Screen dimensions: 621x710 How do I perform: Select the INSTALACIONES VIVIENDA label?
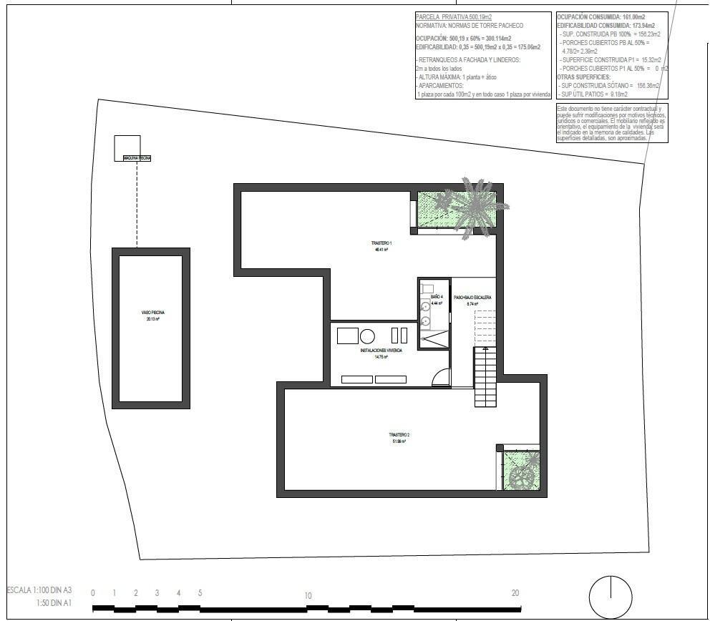[x=381, y=351]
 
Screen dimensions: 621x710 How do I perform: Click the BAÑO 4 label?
[x=437, y=296]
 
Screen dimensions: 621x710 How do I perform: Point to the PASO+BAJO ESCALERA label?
[x=472, y=297]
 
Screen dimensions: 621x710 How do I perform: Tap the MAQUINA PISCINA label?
[x=137, y=158]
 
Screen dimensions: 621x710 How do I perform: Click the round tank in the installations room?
[x=367, y=336]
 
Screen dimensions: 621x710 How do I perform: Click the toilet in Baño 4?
[x=427, y=289]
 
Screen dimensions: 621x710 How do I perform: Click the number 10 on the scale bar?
[x=307, y=595]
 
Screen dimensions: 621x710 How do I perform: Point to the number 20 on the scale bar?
[x=515, y=592]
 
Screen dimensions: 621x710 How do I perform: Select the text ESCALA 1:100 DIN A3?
[x=39, y=590]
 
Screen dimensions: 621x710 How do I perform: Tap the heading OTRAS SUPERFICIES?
[x=584, y=76]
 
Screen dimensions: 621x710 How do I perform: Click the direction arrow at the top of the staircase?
[x=485, y=348]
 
